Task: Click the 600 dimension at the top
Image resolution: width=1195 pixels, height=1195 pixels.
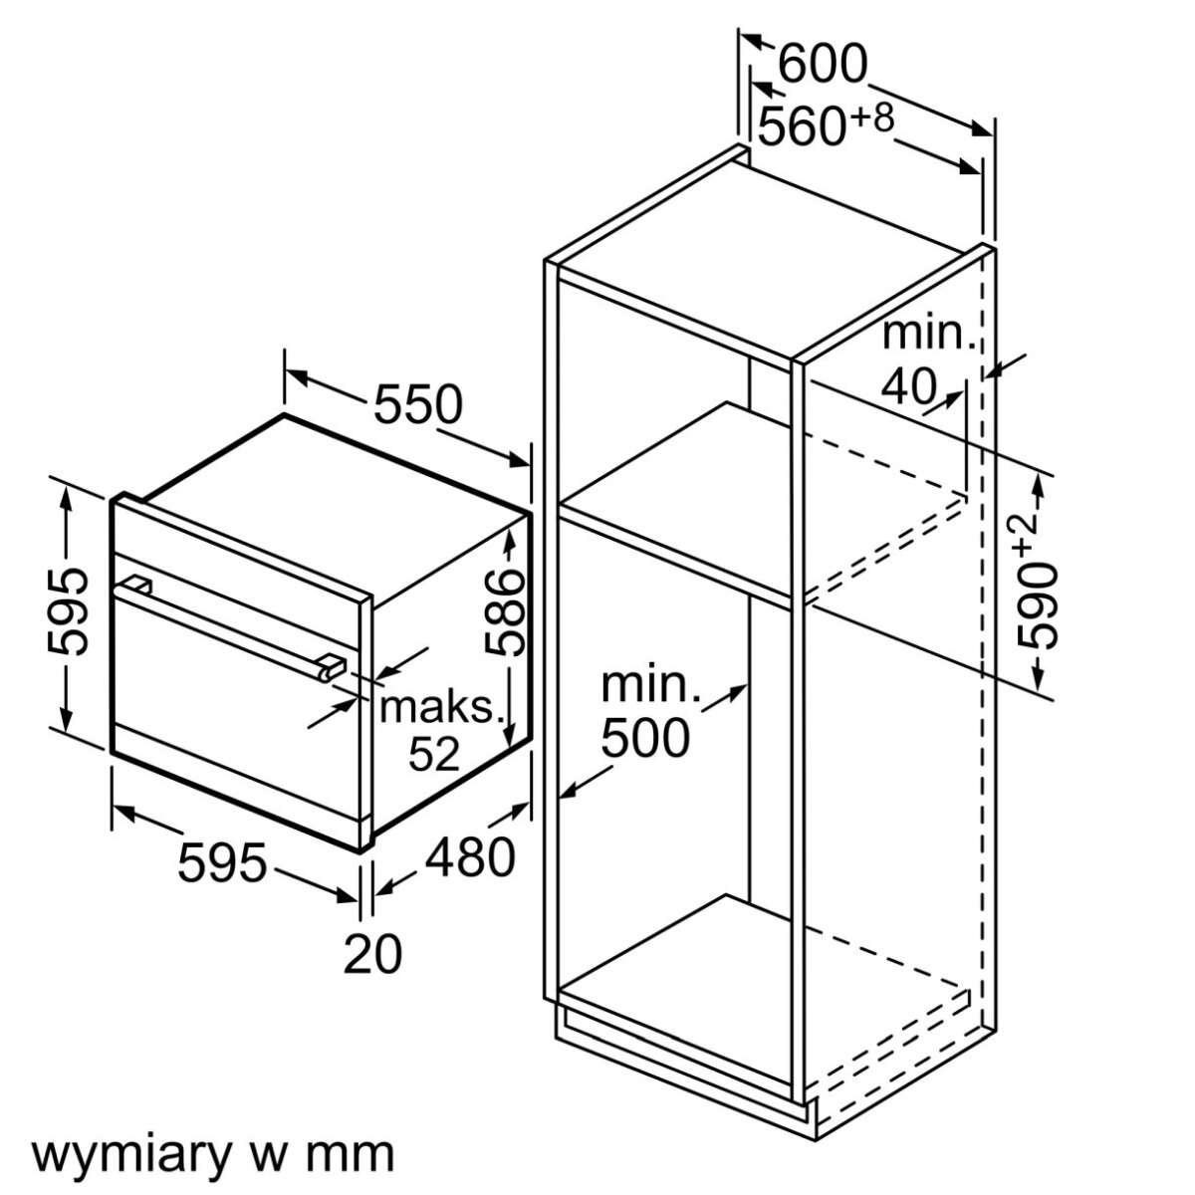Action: pyautogui.click(x=822, y=66)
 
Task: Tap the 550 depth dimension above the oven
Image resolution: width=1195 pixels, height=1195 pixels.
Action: pyautogui.click(x=418, y=404)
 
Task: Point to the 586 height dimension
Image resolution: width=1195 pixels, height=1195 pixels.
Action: pyautogui.click(x=505, y=611)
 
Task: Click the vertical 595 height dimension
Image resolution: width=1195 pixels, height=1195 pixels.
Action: pyautogui.click(x=67, y=610)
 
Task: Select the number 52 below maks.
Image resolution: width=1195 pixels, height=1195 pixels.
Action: pyautogui.click(x=434, y=756)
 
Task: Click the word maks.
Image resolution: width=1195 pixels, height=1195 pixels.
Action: pyautogui.click(x=437, y=707)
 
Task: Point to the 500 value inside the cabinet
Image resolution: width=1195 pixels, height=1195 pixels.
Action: pyautogui.click(x=645, y=738)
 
